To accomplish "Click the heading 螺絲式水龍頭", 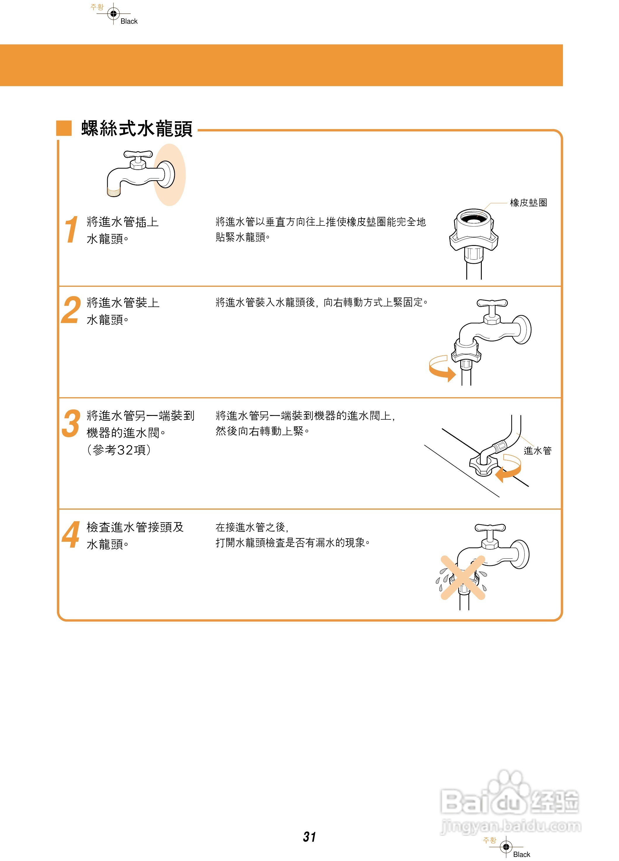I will (x=137, y=129).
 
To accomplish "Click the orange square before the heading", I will (x=64, y=128).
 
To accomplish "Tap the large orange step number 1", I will (x=71, y=229).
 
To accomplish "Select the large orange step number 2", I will (x=71, y=310).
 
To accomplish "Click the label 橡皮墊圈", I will (x=528, y=203).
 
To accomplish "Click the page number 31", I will (x=309, y=837).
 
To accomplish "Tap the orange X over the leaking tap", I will (x=462, y=578).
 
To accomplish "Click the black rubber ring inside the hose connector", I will (x=473, y=219).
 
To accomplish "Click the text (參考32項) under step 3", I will (x=119, y=450).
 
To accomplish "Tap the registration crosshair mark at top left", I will (x=113, y=14).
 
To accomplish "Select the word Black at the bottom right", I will (x=521, y=854).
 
